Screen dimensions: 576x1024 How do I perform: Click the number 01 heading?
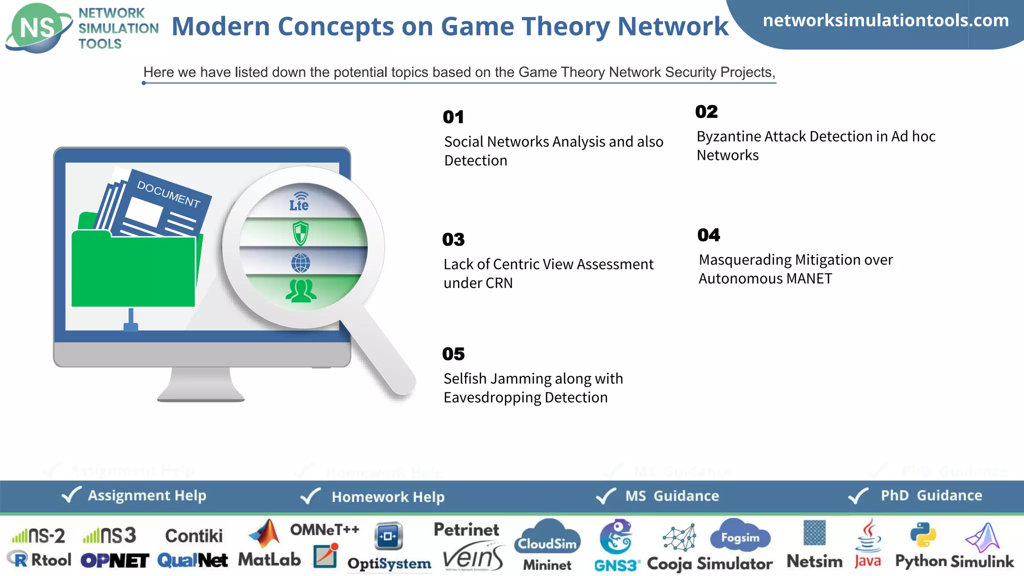pos(453,117)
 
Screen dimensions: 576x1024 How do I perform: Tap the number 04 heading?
pos(708,235)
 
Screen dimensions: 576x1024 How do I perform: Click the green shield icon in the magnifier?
pos(300,233)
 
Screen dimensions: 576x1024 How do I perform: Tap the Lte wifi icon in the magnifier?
pos(299,201)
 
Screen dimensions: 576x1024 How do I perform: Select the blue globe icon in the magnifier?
pos(300,263)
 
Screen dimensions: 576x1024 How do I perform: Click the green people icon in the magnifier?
pos(300,291)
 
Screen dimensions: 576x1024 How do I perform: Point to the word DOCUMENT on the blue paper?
pos(168,193)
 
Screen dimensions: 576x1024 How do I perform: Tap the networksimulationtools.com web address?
pos(885,20)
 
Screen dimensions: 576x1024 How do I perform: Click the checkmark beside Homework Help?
pos(310,496)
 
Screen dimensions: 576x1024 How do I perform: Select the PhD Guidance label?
pos(931,495)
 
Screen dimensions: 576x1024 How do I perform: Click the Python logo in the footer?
pos(922,535)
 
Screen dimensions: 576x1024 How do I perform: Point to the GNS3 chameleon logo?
pos(615,536)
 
